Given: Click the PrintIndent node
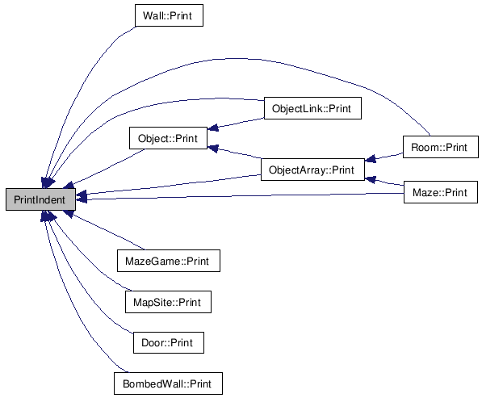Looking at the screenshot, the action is [x=40, y=199].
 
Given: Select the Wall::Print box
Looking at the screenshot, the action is [x=169, y=15].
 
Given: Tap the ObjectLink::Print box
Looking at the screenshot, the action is [x=312, y=108].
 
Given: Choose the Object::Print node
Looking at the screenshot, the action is [x=168, y=138].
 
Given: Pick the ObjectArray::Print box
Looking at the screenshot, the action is [x=312, y=170].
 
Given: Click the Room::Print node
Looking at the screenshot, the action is [x=441, y=147].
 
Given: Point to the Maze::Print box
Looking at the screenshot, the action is [x=441, y=192].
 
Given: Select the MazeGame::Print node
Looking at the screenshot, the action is [x=169, y=261].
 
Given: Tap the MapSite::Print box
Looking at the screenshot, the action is [x=168, y=302].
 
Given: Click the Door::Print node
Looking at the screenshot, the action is [x=169, y=342].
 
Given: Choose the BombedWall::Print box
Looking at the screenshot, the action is [x=168, y=383].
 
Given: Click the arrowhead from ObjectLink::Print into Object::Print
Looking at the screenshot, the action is [x=212, y=128].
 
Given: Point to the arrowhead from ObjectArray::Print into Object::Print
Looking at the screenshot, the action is [x=212, y=149].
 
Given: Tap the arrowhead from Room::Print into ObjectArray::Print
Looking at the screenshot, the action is [x=370, y=158].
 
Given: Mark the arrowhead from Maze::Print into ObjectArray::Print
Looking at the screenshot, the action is [x=370, y=179].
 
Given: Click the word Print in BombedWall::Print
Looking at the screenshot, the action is [x=200, y=383].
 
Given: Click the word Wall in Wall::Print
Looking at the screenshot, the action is [x=152, y=15].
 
